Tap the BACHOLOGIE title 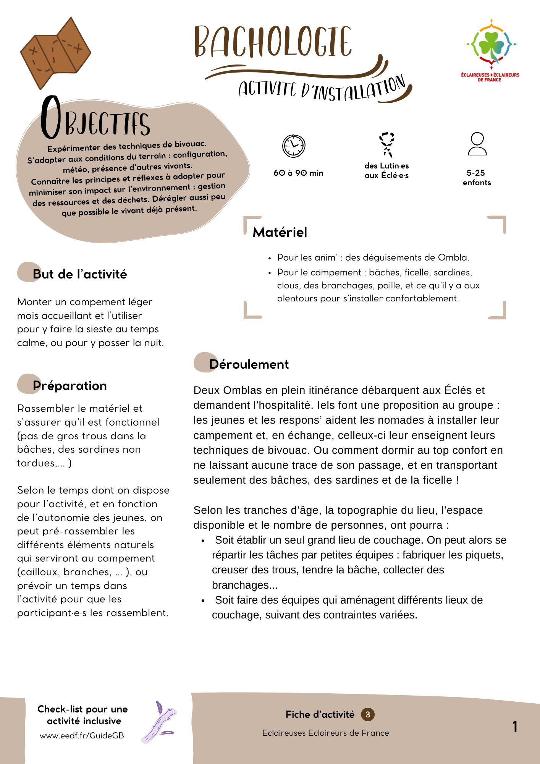tap(273, 42)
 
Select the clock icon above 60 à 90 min tap(293, 146)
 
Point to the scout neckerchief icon tap(386, 144)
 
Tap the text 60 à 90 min tap(298, 173)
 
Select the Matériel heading tap(280, 232)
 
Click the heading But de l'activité tap(79, 274)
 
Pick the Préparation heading tap(70, 386)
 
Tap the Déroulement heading tap(249, 364)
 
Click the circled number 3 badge tap(368, 714)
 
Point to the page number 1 tap(515, 727)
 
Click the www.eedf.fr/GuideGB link tap(82, 736)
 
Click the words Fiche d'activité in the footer tap(320, 714)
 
